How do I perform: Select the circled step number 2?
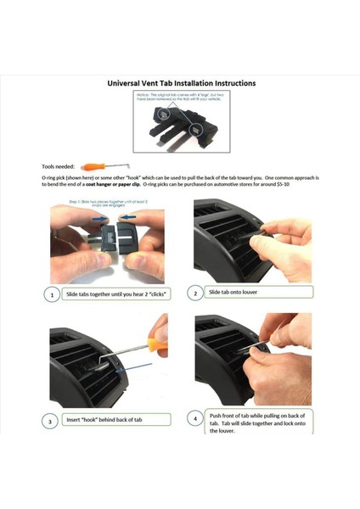click(195, 294)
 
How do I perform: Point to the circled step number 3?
click(53, 420)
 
